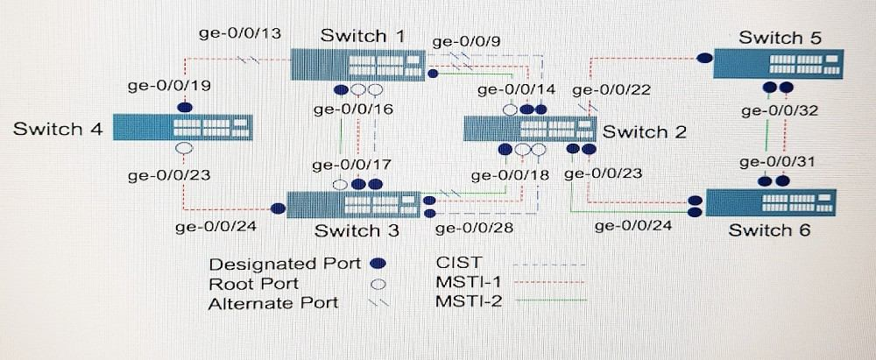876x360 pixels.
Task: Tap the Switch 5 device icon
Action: tap(774, 64)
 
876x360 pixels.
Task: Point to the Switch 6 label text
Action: tap(769, 230)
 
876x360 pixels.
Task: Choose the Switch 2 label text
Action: tap(645, 132)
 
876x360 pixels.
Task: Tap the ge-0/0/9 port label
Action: tap(470, 39)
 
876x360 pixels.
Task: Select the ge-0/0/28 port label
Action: tap(475, 229)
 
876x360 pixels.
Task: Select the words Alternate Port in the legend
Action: tap(272, 304)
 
